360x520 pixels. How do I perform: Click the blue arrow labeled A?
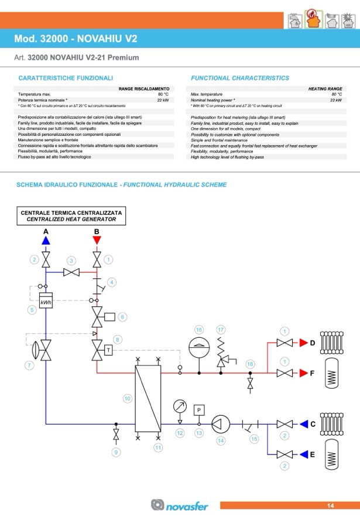point(46,240)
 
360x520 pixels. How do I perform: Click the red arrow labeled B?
point(97,240)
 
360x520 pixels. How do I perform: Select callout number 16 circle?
point(199,330)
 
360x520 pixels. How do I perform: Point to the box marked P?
point(199,410)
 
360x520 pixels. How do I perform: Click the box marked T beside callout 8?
point(109,350)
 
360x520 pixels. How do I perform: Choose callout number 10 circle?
point(126,398)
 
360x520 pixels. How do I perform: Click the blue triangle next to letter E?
point(303,454)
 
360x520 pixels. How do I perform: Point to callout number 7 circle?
point(29,365)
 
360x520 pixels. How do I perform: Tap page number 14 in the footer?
point(330,505)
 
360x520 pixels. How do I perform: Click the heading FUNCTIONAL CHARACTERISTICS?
point(240,78)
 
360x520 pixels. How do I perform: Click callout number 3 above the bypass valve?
point(71,260)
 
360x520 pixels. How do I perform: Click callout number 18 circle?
point(251,364)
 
